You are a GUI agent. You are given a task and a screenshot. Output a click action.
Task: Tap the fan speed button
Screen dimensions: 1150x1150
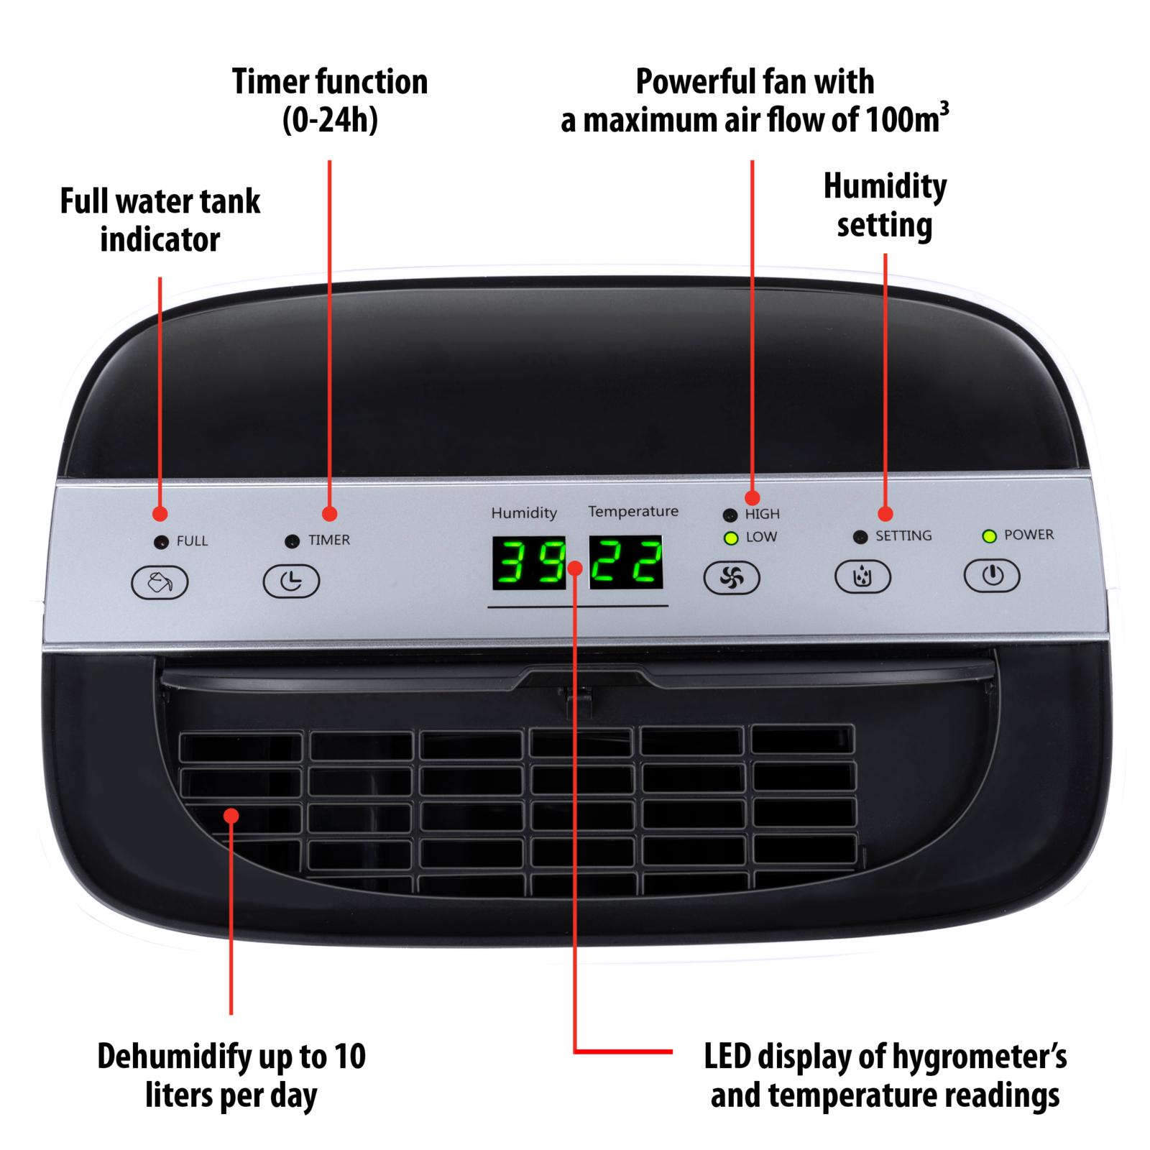(x=731, y=577)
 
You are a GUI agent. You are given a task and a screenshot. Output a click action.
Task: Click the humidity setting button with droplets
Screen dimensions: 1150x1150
(x=862, y=576)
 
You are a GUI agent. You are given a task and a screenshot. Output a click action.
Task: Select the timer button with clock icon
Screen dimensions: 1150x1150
(x=290, y=581)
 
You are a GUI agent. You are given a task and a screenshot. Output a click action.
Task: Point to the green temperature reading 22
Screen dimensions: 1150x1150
(x=626, y=562)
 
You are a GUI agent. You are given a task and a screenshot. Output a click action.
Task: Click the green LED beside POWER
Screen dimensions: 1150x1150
(x=990, y=536)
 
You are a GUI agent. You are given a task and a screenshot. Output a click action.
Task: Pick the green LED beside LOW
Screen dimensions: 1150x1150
(x=731, y=538)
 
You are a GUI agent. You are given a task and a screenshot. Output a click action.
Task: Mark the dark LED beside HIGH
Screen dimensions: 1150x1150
(x=730, y=515)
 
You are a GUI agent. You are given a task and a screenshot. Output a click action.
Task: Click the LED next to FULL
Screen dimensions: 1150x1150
(x=162, y=542)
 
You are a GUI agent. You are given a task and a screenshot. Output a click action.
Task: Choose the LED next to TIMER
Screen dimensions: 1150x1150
(x=292, y=541)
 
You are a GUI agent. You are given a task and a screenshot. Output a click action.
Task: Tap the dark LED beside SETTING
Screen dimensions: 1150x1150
(x=860, y=537)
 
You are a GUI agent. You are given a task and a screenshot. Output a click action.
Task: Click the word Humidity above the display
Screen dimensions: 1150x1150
(x=524, y=513)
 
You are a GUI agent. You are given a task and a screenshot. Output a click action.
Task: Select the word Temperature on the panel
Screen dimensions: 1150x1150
(x=633, y=512)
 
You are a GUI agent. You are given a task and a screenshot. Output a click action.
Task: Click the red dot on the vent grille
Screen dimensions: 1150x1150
(x=231, y=816)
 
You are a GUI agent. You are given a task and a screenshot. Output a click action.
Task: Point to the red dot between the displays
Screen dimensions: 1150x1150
(x=576, y=568)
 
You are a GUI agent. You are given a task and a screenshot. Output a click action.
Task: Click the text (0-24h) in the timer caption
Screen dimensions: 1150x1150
(x=330, y=120)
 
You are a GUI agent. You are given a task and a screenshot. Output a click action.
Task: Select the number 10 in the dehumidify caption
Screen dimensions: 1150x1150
(x=350, y=1057)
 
